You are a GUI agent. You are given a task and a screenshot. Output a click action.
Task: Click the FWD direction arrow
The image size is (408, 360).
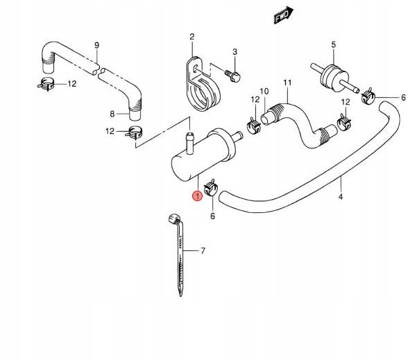283,15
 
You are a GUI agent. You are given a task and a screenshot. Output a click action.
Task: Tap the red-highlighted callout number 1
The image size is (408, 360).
197,196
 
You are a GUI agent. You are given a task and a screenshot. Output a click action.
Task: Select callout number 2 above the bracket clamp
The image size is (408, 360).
192,37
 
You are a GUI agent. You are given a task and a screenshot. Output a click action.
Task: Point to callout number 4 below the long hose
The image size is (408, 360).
341,197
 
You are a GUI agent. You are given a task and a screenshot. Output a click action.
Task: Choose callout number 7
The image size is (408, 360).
203,251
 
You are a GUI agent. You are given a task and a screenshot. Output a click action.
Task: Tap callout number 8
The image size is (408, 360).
112,114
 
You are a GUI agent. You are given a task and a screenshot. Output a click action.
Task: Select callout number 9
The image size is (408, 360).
97,45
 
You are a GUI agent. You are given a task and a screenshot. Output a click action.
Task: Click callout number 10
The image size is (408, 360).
264,92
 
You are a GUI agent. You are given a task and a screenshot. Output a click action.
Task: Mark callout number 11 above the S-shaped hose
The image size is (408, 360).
287,83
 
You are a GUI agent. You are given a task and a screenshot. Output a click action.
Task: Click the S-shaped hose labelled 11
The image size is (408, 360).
299,125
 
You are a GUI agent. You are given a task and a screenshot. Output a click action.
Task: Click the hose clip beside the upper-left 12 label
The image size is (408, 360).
46,83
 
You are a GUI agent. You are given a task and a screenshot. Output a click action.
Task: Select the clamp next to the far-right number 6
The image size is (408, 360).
368,96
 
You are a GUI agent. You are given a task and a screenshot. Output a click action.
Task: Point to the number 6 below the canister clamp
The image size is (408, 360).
212,216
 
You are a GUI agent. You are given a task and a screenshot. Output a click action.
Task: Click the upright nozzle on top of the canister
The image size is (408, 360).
190,143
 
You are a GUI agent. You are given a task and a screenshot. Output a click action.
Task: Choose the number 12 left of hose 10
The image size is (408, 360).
255,99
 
